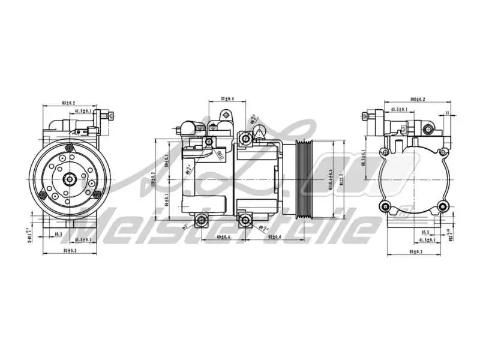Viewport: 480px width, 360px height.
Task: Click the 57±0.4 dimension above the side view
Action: point(227,98)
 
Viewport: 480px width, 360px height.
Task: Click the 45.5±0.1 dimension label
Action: point(400,110)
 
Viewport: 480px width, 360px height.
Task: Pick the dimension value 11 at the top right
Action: point(447,112)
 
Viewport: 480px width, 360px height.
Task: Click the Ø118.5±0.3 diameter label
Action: point(330,178)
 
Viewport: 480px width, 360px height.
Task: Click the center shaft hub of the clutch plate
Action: point(70,178)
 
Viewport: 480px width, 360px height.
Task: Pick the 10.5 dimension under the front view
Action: point(58,234)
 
